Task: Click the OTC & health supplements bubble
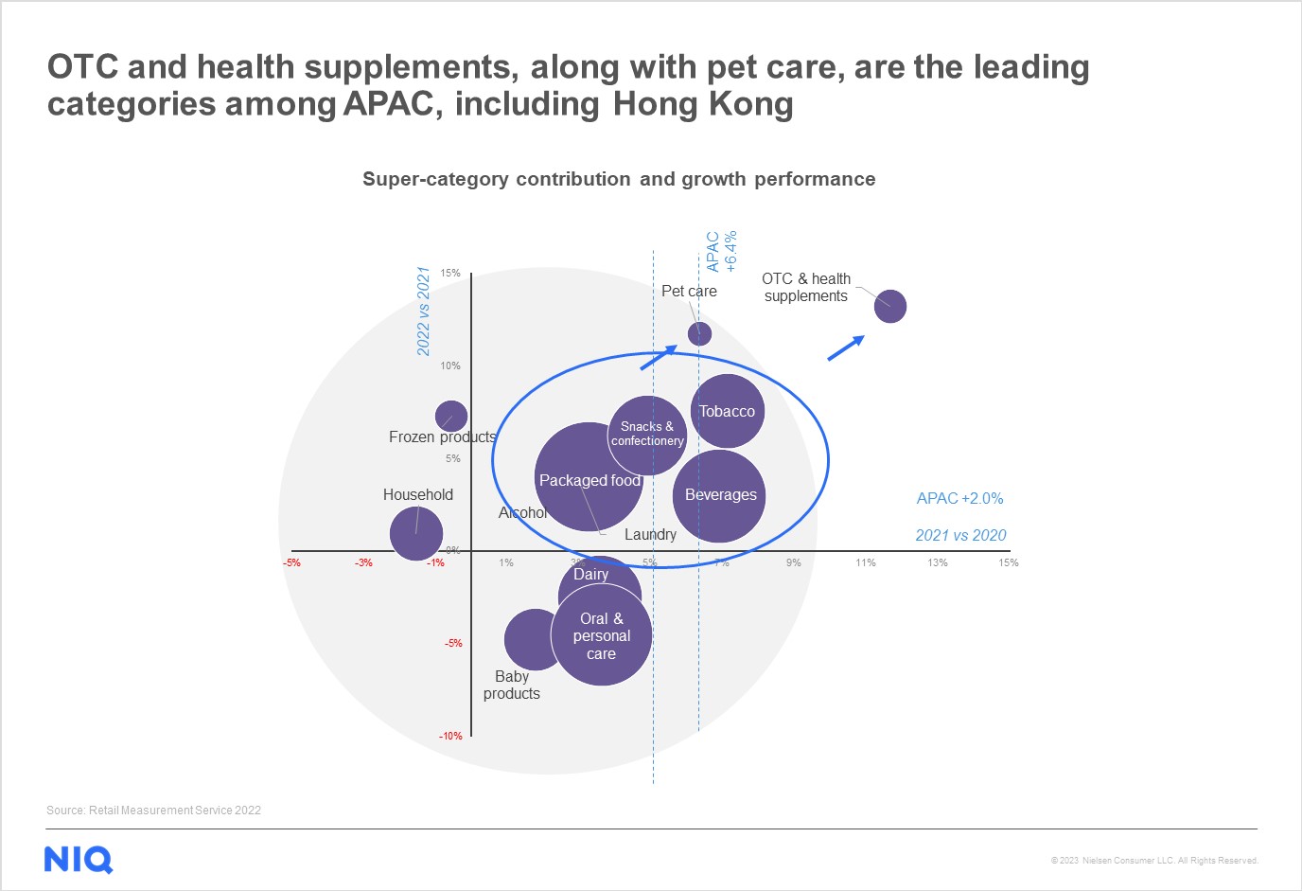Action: [890, 306]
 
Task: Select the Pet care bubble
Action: [699, 333]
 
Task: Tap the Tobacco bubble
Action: [727, 411]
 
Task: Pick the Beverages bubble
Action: [720, 495]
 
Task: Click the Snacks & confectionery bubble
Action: [647, 435]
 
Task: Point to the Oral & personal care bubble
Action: [602, 635]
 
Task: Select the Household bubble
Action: [416, 533]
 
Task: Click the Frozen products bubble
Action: [451, 416]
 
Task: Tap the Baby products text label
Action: [512, 685]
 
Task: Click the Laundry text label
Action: [650, 535]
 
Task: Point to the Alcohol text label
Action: [523, 512]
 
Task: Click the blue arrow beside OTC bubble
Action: [846, 347]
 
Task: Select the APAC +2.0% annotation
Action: [959, 498]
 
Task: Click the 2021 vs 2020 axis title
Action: [960, 536]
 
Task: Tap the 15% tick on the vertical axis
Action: [450, 274]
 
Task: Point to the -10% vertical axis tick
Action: [450, 736]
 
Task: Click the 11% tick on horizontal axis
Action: [865, 562]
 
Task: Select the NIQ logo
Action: [79, 860]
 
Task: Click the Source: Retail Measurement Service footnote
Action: [153, 811]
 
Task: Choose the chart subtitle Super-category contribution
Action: [619, 179]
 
